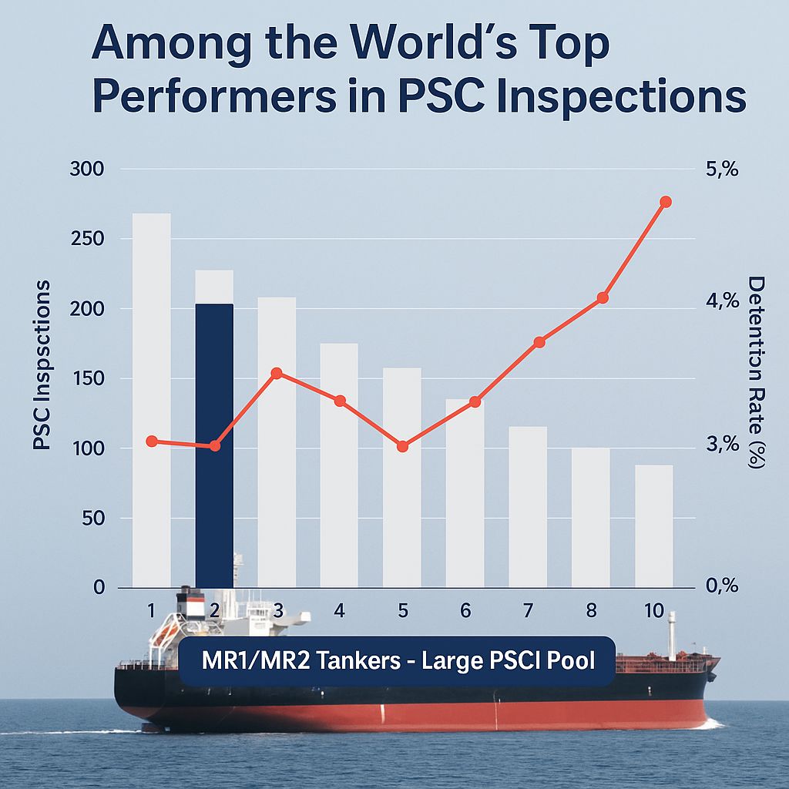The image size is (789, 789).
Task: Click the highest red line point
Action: tap(666, 202)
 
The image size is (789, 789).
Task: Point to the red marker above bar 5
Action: tap(402, 446)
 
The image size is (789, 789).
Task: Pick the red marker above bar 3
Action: tap(277, 374)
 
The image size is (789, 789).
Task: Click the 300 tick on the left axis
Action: tap(87, 170)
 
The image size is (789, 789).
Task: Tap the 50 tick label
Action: tap(92, 519)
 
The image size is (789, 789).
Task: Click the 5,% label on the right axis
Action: tap(722, 170)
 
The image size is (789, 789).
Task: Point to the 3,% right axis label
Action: tap(722, 445)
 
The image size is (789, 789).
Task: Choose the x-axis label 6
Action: tap(465, 611)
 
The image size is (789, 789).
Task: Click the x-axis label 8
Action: tap(591, 611)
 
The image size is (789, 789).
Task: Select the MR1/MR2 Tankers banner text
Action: tap(398, 661)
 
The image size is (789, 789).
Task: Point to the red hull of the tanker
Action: tap(416, 715)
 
